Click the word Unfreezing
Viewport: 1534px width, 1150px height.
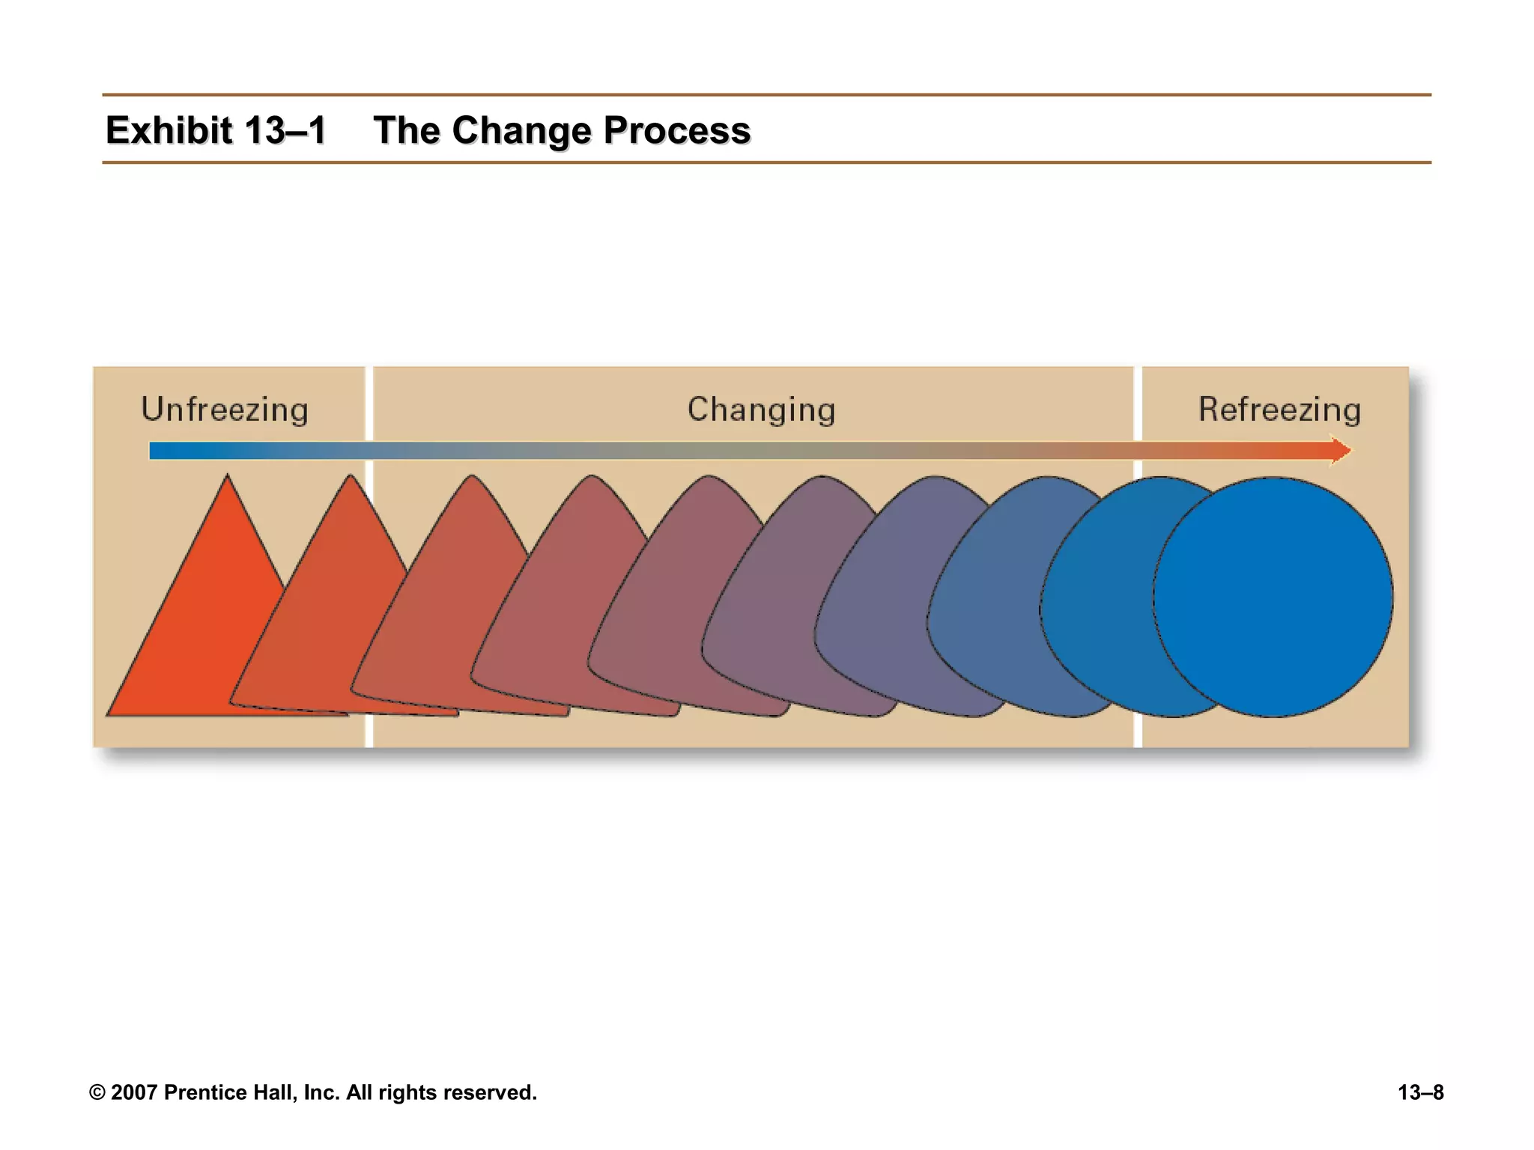[225, 410]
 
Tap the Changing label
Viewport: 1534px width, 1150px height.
[761, 410]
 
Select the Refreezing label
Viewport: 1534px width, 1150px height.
[1279, 410]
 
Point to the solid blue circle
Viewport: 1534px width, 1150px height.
[1273, 597]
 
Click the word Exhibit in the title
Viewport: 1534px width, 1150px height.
[169, 130]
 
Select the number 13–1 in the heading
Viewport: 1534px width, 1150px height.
[285, 130]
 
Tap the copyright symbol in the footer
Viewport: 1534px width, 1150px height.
[97, 1092]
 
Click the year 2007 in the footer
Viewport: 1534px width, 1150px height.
[134, 1092]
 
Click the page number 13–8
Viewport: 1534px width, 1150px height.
[1420, 1092]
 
